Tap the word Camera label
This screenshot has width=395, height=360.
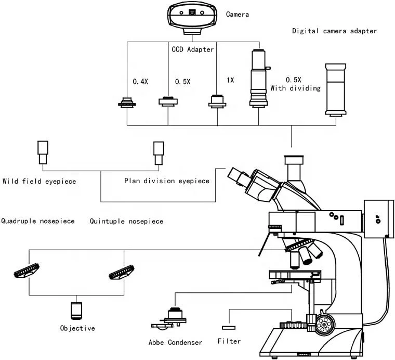click(x=237, y=15)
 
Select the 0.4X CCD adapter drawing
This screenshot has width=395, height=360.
click(x=127, y=102)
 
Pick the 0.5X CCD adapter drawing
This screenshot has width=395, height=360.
click(x=168, y=101)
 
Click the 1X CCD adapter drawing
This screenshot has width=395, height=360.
click(x=217, y=100)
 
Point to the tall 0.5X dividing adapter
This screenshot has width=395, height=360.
click(x=258, y=78)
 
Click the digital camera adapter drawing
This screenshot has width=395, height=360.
click(x=335, y=88)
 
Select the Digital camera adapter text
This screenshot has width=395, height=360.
click(x=334, y=31)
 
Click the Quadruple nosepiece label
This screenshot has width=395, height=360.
click(x=38, y=221)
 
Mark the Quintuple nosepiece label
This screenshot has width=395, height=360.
click(x=126, y=221)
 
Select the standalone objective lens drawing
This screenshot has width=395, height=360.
click(x=76, y=310)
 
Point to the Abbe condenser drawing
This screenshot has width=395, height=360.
click(x=169, y=318)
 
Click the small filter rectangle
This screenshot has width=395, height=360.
click(x=229, y=328)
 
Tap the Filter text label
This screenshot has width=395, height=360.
click(x=229, y=342)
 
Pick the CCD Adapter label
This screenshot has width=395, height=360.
click(x=193, y=49)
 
